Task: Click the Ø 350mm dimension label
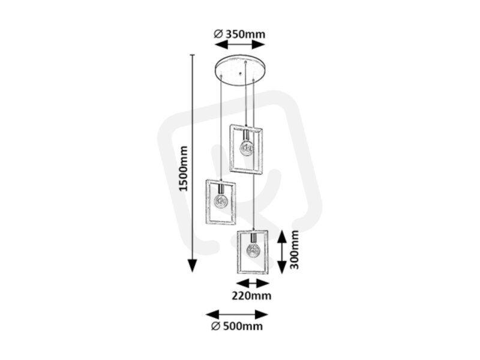coord(239,34)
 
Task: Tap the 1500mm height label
coord(184,169)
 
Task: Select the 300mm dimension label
coord(295,250)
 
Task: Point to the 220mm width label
coord(251,296)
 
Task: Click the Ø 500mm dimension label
coord(237,326)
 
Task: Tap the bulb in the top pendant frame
coord(247,148)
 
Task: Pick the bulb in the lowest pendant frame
coord(253,251)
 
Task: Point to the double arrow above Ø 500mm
coord(237,314)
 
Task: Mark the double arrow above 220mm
coord(253,283)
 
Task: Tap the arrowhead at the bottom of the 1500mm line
coord(192,265)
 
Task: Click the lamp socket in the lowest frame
coord(253,238)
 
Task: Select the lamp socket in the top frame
coord(246,135)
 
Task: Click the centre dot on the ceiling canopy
coord(241,73)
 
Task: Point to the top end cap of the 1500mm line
coord(192,55)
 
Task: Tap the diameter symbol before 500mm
coord(215,326)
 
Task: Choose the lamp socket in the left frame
coord(221,187)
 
